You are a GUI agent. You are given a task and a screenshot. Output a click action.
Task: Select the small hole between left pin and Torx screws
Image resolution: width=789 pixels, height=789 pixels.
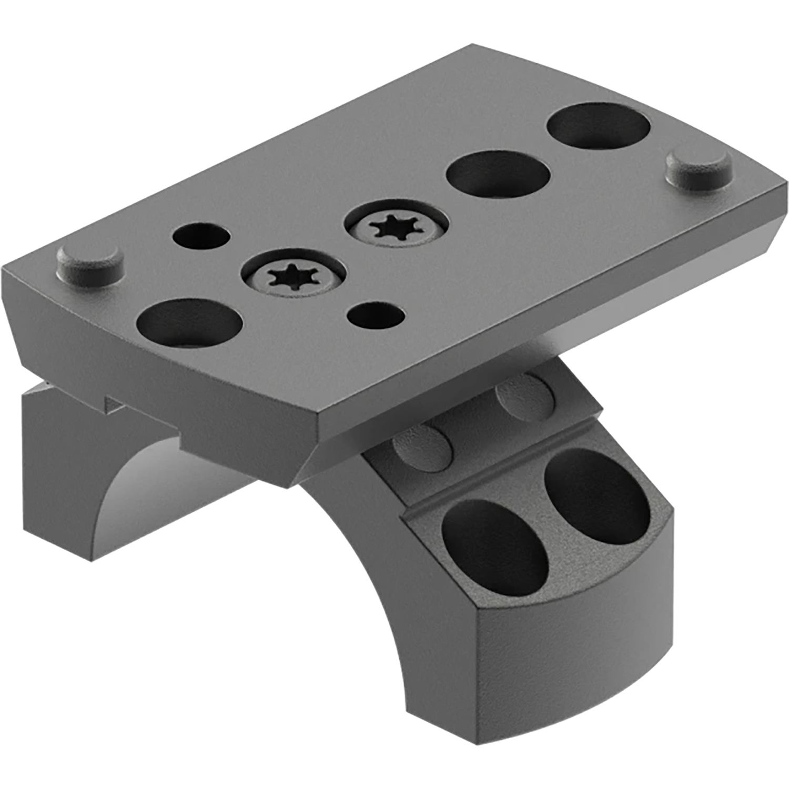[x=200, y=235]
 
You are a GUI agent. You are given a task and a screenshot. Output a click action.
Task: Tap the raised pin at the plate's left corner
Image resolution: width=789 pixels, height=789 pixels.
[x=89, y=261]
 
